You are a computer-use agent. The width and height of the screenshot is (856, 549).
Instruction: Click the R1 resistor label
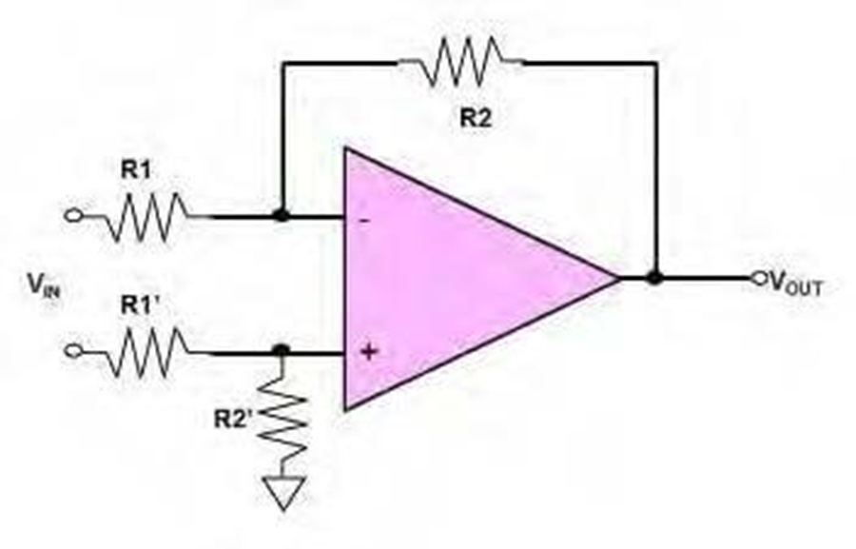135,170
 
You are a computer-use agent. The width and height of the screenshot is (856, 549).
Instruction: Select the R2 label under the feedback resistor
476,117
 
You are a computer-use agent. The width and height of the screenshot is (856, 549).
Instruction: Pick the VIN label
44,284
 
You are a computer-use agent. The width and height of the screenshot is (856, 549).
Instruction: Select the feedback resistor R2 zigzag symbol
461,61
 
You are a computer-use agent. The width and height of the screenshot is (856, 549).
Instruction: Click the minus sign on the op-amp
365,221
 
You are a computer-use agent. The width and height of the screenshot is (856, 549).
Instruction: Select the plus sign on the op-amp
369,351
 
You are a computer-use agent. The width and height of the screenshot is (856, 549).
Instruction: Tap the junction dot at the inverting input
282,215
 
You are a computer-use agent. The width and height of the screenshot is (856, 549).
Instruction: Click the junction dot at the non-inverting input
281,350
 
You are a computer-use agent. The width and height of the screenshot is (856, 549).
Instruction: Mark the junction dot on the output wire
654,279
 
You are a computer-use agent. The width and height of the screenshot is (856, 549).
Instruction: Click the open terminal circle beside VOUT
759,279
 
